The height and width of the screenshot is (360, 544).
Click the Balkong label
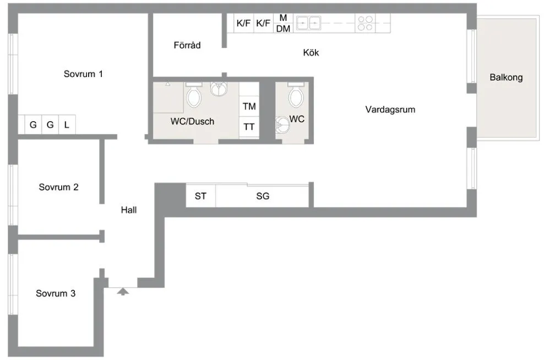(x=506, y=78)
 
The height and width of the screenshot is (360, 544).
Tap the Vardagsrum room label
(x=390, y=110)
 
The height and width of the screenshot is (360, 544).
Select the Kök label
(x=311, y=53)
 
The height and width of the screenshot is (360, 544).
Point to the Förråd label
(x=187, y=46)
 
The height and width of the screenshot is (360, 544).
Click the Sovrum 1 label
(x=84, y=74)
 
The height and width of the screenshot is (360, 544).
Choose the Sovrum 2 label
(x=58, y=187)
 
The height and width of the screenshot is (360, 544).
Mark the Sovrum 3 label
(x=56, y=293)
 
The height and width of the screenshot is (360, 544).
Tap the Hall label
(x=129, y=210)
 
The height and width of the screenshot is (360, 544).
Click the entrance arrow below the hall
(x=123, y=291)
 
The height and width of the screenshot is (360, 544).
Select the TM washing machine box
(x=249, y=106)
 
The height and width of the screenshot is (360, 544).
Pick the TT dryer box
(x=249, y=127)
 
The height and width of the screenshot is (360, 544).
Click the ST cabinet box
(x=201, y=196)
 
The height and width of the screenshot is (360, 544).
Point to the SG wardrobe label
(x=263, y=196)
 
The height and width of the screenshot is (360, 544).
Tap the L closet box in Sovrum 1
(x=67, y=125)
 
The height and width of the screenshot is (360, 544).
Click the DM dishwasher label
(x=283, y=29)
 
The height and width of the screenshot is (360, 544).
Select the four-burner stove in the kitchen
(x=365, y=23)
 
